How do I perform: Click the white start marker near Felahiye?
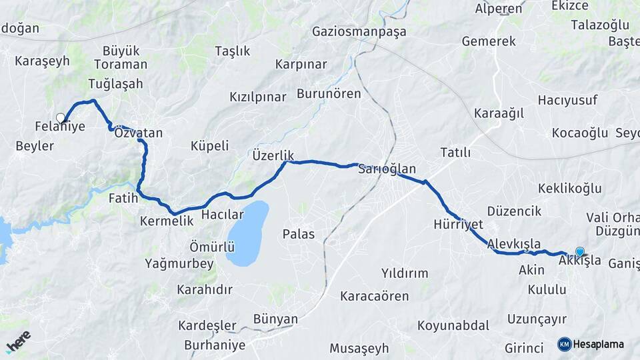click(x=61, y=118)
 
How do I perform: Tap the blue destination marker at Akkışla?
click(x=579, y=251)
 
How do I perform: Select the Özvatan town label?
click(x=139, y=133)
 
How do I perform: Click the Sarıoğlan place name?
click(x=387, y=169)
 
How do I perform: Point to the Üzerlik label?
click(x=273, y=154)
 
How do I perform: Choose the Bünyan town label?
click(x=275, y=319)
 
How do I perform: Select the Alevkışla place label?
click(x=514, y=243)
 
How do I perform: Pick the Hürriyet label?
click(x=458, y=224)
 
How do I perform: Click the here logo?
click(x=17, y=340)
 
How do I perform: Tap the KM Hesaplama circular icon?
click(x=564, y=344)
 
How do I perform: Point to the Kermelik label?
click(x=167, y=221)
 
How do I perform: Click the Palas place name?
click(x=298, y=234)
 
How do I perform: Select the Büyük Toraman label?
click(x=121, y=58)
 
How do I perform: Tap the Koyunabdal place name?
click(x=453, y=326)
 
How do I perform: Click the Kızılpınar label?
click(x=257, y=97)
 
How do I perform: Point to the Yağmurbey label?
click(x=179, y=263)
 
